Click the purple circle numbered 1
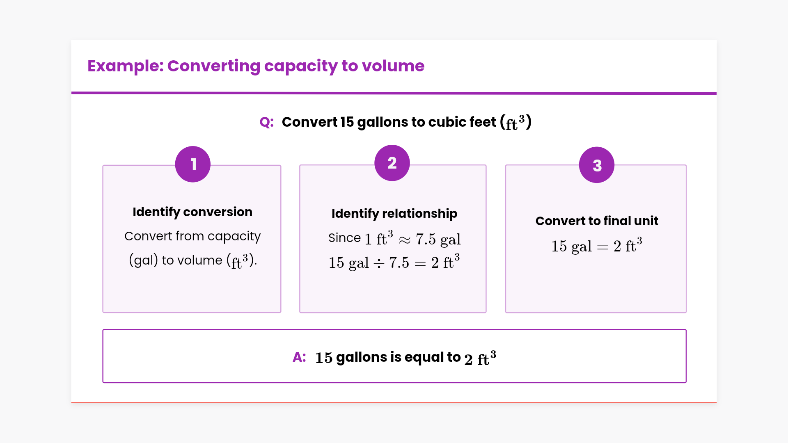[192, 164]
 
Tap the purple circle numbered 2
[392, 163]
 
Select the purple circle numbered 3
[596, 165]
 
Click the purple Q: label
[266, 122]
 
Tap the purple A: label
[299, 357]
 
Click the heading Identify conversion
[192, 212]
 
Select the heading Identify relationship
[394, 214]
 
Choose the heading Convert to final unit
[596, 221]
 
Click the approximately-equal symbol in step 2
[404, 240]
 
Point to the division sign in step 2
[379, 263]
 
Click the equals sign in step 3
[602, 247]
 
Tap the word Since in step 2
[344, 238]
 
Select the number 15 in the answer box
[323, 358]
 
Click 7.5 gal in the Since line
[438, 239]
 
